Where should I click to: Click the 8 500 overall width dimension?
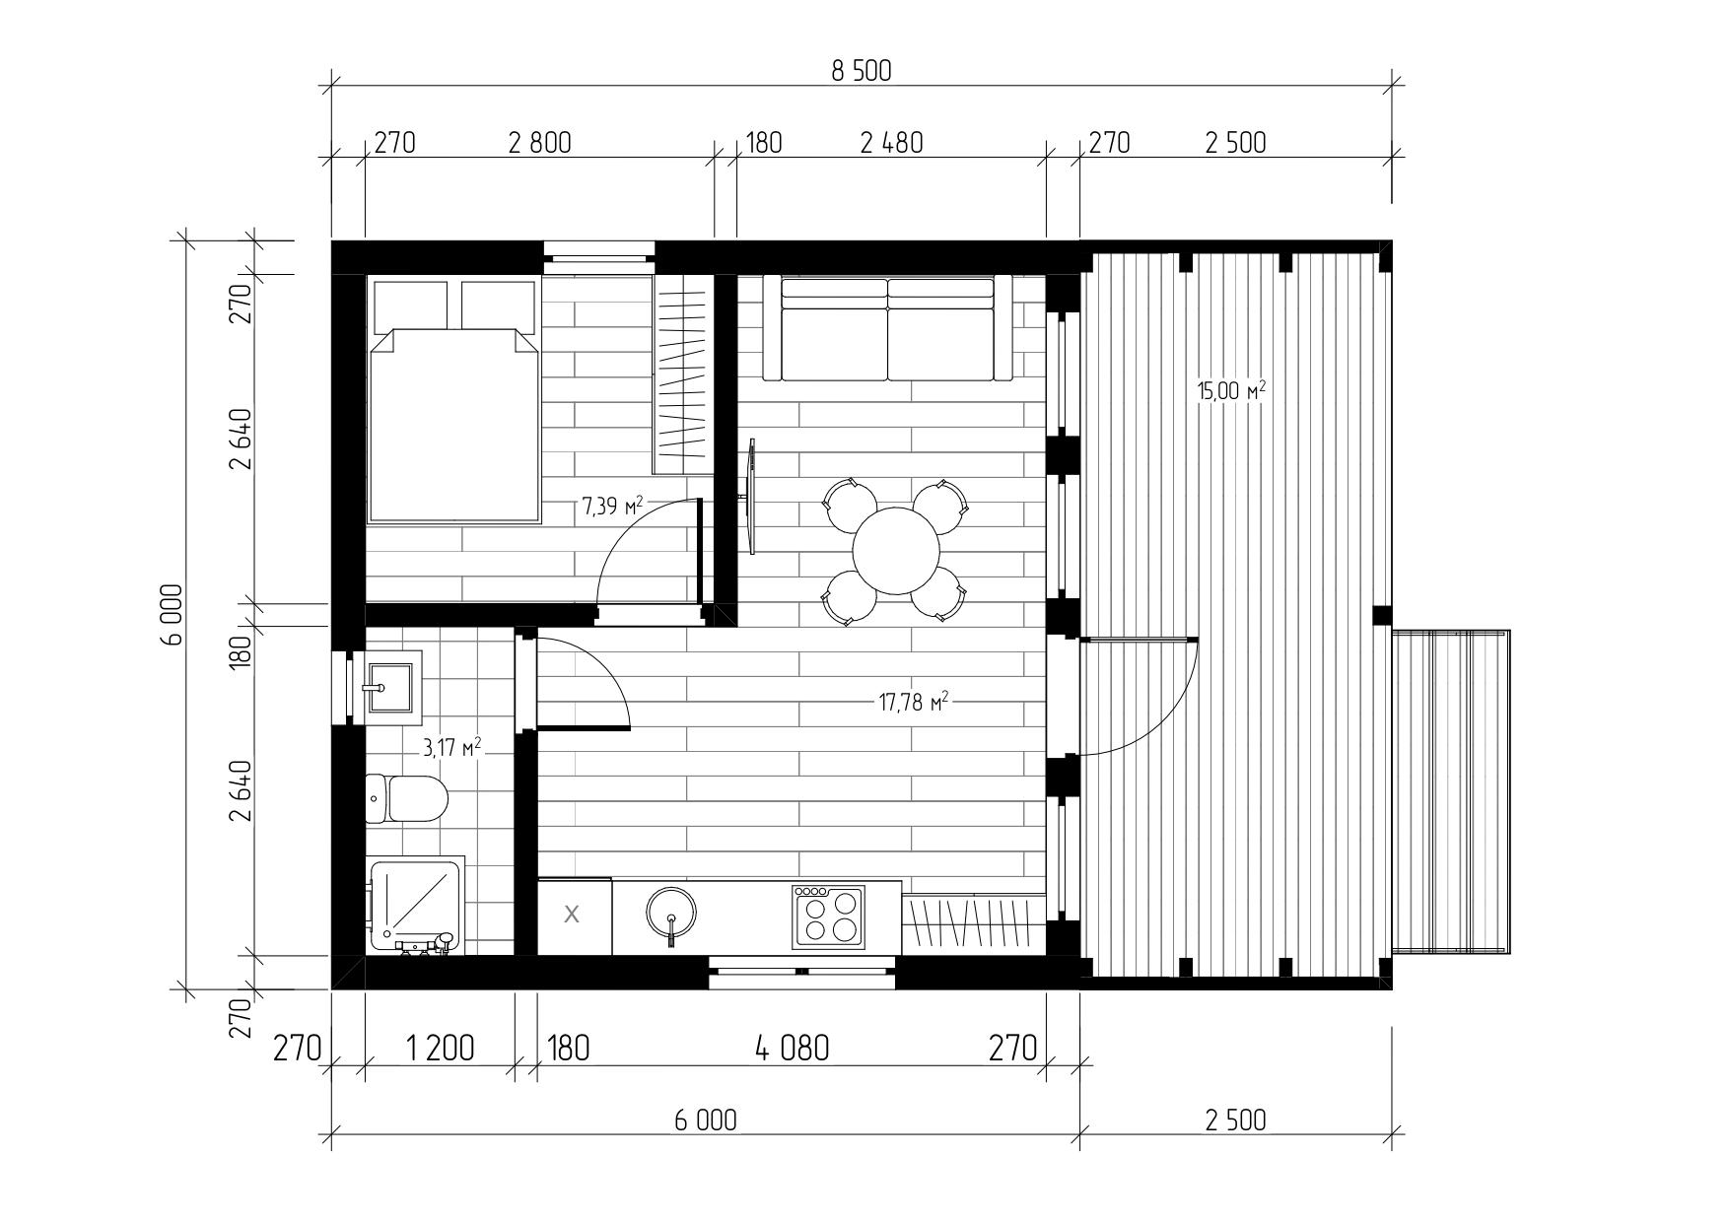click(861, 71)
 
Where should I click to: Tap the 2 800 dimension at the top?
click(539, 143)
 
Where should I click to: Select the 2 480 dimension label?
click(891, 143)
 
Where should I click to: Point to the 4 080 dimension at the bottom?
click(792, 1048)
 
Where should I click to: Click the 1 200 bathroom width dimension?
click(440, 1048)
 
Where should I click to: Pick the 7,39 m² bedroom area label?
click(612, 507)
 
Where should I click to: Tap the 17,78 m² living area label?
click(913, 702)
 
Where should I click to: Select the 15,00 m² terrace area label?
click(1231, 390)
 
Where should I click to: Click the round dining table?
click(895, 551)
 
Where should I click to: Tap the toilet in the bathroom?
click(406, 798)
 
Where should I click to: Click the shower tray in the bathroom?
click(415, 905)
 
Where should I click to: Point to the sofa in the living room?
click(888, 329)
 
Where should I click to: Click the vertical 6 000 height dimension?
click(173, 614)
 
